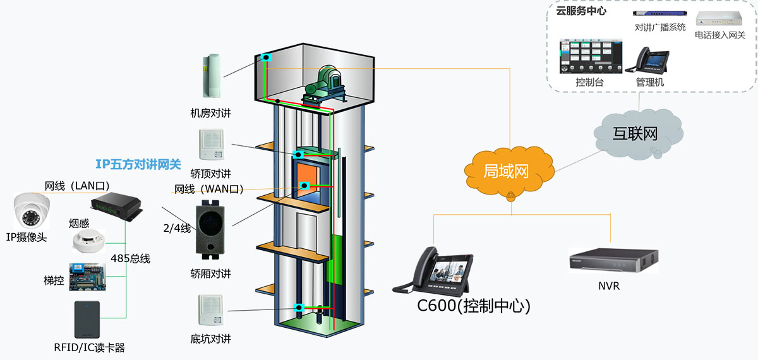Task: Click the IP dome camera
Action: [x=32, y=211]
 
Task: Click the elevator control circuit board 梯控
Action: [x=87, y=275]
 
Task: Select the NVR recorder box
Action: [x=612, y=259]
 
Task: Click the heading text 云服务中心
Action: [x=582, y=11]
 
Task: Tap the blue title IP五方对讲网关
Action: [x=138, y=165]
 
